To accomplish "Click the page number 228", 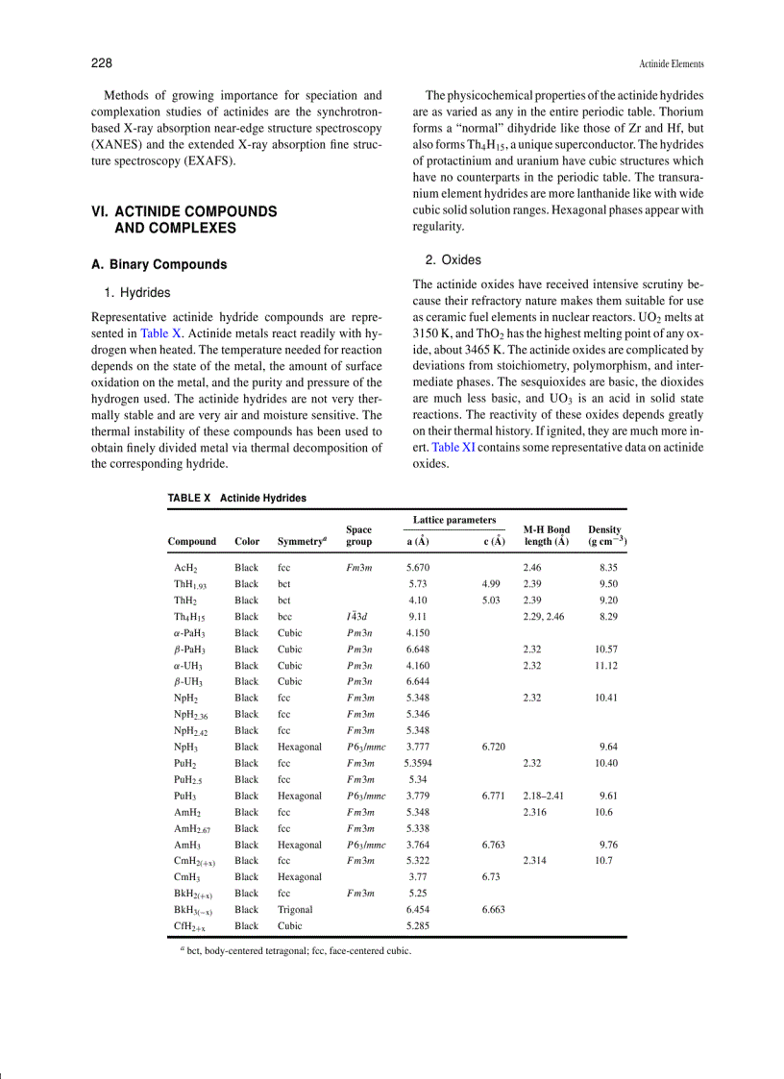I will click(102, 63).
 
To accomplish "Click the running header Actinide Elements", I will click(671, 64).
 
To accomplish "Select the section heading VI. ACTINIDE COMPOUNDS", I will click(184, 211).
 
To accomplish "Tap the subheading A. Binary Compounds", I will click(159, 264).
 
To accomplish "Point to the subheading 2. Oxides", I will click(453, 259).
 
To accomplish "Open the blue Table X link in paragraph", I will click(160, 332).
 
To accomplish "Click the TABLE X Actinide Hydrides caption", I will click(236, 498).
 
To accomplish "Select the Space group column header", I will click(358, 535).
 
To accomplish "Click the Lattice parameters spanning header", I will click(453, 520).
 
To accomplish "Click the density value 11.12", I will click(605, 665).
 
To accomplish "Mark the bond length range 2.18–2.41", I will click(543, 796).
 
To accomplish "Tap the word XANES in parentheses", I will click(121, 143).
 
